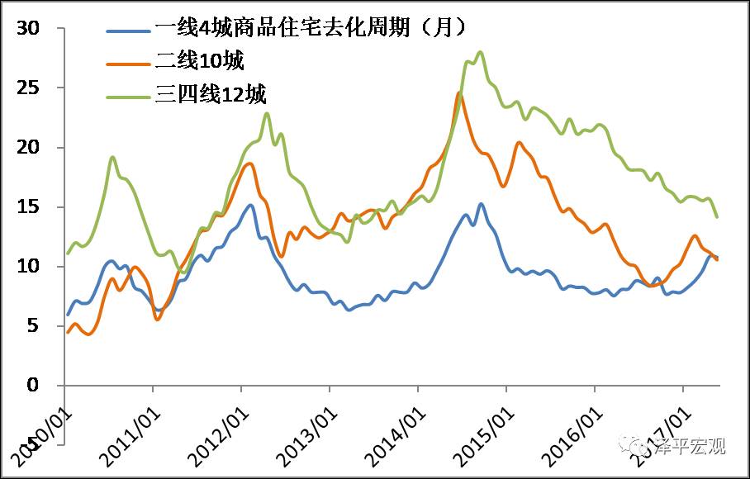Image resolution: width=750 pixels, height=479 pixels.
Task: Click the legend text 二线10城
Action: point(199,60)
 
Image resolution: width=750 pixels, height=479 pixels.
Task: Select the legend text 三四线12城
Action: point(211,94)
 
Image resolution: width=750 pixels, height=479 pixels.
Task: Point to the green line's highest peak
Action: point(481,52)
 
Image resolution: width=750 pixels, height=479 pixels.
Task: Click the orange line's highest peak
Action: point(459,92)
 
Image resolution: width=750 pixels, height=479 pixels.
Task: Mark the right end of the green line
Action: point(717,217)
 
